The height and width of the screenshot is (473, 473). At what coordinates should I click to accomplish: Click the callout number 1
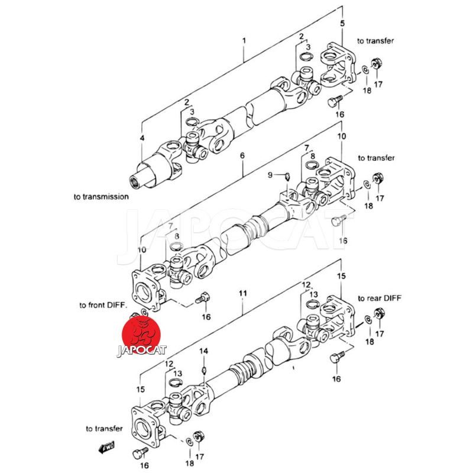coord(244,40)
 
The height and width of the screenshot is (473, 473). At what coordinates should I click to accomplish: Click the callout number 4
coord(142,138)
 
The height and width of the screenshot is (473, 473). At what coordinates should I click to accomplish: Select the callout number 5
coord(342,23)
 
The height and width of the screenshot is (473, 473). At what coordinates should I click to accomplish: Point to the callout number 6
coord(242,155)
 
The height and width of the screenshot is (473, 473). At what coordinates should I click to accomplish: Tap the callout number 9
coord(270,175)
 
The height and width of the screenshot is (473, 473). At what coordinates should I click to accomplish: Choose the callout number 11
coord(243,293)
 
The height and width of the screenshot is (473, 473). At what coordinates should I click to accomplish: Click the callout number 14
coord(203,351)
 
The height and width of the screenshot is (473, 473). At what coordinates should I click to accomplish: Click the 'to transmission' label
coord(101,197)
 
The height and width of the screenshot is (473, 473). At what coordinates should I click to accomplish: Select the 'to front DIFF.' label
coord(103,305)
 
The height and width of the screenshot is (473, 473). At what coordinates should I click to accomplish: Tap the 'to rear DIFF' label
coord(380,298)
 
